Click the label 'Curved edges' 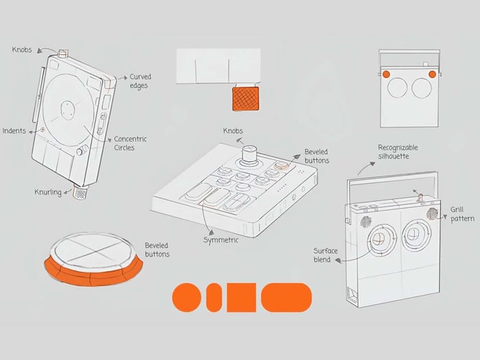[x=141, y=81]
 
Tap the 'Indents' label [x=14, y=131]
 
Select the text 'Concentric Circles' [x=130, y=143]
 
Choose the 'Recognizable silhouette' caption [x=398, y=152]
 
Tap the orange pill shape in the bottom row [x=286, y=297]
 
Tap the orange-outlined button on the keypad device [x=281, y=167]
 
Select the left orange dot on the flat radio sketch [x=385, y=73]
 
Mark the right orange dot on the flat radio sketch [x=432, y=73]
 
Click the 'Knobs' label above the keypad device [x=233, y=131]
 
